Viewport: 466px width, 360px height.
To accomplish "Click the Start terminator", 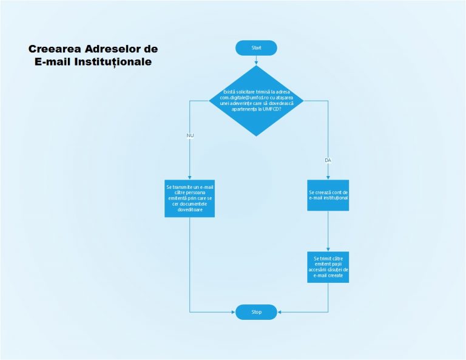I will click(256, 48).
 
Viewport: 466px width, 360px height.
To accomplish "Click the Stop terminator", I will click(256, 312).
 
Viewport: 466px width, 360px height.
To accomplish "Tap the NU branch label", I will click(190, 134).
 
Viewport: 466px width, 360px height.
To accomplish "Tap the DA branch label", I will click(328, 160).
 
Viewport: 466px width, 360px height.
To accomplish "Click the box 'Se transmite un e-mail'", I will click(190, 197).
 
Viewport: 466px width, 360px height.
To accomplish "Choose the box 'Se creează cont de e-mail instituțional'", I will click(328, 195).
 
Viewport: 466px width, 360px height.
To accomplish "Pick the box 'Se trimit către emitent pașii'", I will click(328, 267).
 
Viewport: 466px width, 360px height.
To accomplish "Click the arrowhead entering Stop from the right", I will click(280, 312).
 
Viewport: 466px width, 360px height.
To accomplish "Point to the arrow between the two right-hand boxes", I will click(328, 231).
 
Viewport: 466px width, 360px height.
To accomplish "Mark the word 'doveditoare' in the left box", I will click(190, 210).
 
